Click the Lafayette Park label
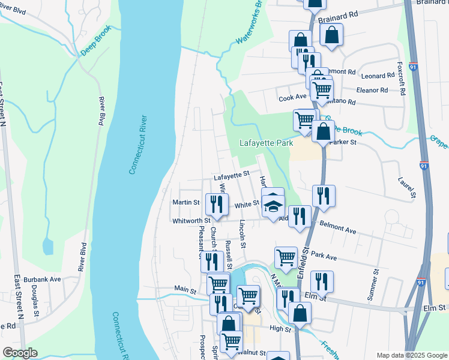pos(265,143)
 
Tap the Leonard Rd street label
pos(378,76)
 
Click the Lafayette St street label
pos(231,176)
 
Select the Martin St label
pos(185,203)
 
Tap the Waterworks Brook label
pos(250,23)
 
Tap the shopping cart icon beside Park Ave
pos(286,257)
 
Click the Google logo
pos(20,353)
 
